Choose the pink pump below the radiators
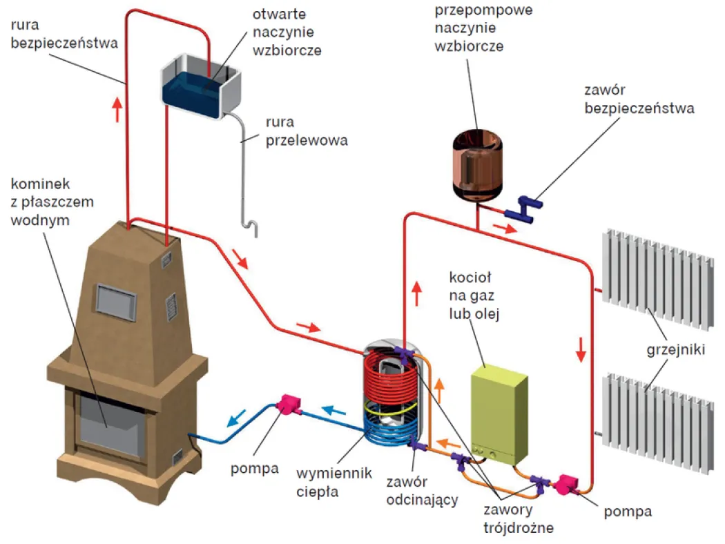pyautogui.click(x=568, y=484)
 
